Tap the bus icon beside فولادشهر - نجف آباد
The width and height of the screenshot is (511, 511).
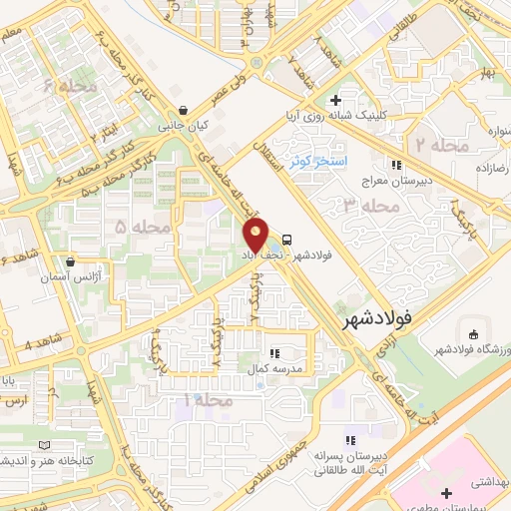tap(287, 240)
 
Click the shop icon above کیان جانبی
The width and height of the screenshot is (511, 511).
tap(181, 111)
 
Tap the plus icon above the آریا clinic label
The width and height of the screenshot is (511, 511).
tap(335, 101)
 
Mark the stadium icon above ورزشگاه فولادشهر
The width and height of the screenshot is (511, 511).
tap(471, 333)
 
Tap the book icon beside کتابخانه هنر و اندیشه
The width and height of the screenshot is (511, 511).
tap(41, 445)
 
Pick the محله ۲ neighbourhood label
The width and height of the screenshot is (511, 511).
tap(443, 146)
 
